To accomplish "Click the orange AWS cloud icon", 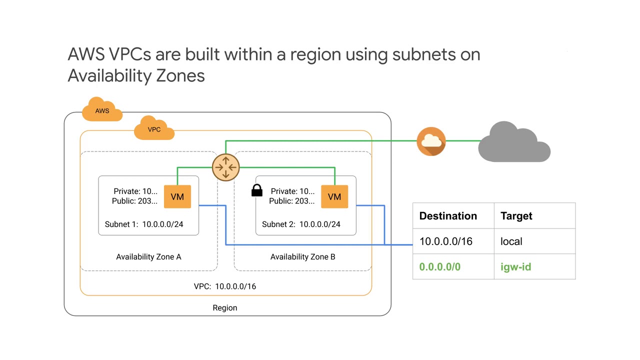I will (102, 110).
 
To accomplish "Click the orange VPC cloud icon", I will (154, 129).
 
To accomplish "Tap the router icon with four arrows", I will (225, 167).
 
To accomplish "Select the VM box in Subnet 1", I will (177, 196).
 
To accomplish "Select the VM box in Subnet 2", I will (334, 196).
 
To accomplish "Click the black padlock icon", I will (256, 190).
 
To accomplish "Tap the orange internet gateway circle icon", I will (431, 141).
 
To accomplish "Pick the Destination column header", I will (448, 216).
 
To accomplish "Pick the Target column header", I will (516, 216).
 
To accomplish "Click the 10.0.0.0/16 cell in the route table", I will (445, 241).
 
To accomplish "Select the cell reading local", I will (511, 241).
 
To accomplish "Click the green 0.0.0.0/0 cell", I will (439, 267).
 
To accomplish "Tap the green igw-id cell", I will (515, 267).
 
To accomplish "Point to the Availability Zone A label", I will (148, 256).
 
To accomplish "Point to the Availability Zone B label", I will (302, 256).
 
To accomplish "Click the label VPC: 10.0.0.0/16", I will (224, 286).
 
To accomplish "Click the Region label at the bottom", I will (224, 307).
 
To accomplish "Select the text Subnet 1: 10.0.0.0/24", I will (143, 224).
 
